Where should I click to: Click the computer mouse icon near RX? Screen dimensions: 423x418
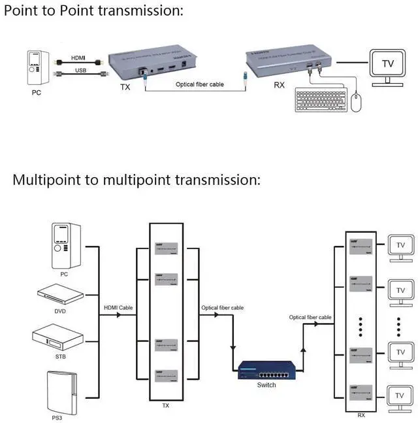click(356, 103)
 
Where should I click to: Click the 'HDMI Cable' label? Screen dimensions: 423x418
click(118, 308)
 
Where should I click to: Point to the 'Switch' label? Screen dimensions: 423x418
click(266, 385)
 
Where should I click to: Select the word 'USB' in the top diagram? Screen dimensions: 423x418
click(80, 70)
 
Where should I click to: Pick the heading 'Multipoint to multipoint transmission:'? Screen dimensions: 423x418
click(137, 179)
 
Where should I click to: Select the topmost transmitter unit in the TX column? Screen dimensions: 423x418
click(167, 247)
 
